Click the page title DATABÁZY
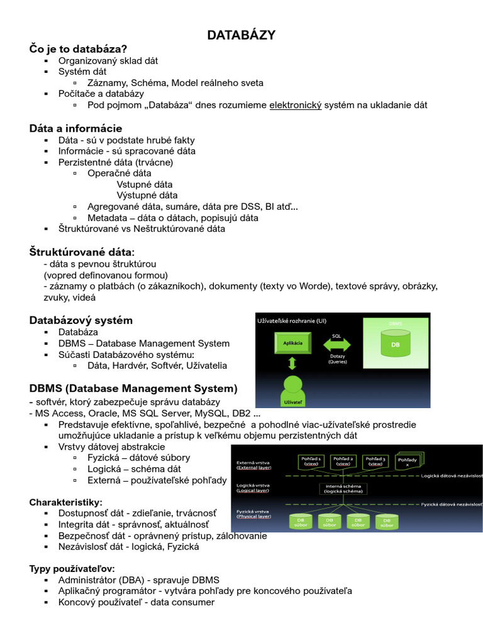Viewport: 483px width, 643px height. coord(241,35)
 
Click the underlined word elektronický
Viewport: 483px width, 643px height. coord(296,105)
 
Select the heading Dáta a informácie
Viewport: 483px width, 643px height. coord(75,129)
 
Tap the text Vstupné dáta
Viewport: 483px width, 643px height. coord(145,185)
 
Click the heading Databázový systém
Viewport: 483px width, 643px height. coord(81,320)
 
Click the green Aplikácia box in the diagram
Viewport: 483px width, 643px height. coord(293,343)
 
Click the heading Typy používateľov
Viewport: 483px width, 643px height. coord(72,569)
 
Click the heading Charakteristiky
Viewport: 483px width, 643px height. coord(65,502)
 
